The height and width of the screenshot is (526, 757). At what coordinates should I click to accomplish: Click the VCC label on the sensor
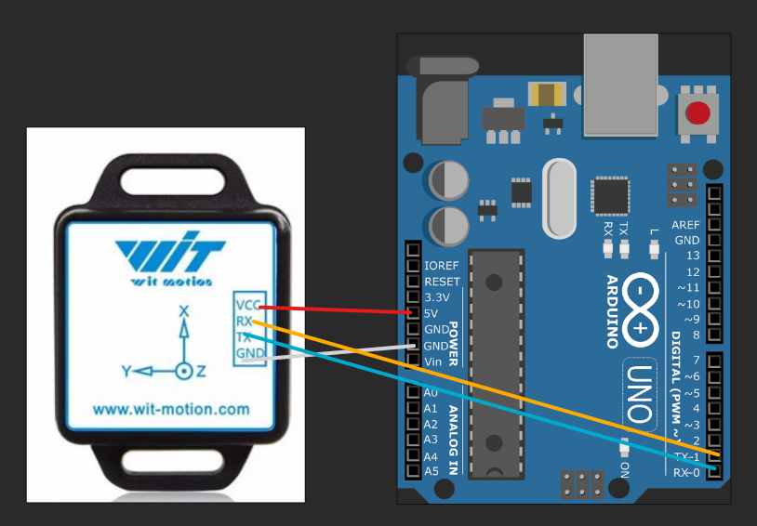point(247,306)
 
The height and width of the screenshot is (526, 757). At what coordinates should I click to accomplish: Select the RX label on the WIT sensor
point(245,322)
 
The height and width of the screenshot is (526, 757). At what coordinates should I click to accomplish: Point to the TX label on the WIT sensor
point(244,337)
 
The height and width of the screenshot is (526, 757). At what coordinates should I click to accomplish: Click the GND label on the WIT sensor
point(247,353)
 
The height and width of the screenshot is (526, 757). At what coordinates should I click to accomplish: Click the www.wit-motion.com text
point(171,408)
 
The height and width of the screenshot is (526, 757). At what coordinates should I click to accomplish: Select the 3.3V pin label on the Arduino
point(436,297)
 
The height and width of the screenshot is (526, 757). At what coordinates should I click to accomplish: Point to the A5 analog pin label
point(431,471)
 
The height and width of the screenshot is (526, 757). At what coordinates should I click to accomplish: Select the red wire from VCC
point(335,309)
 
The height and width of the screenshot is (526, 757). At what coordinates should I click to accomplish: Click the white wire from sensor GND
point(335,351)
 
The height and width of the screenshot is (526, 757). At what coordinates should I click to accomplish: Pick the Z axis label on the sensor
point(202,371)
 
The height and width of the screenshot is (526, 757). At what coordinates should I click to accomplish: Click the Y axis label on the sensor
point(126,371)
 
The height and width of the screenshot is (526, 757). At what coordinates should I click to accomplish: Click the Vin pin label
point(434,361)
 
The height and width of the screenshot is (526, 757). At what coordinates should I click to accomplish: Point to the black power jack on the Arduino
point(445,102)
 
